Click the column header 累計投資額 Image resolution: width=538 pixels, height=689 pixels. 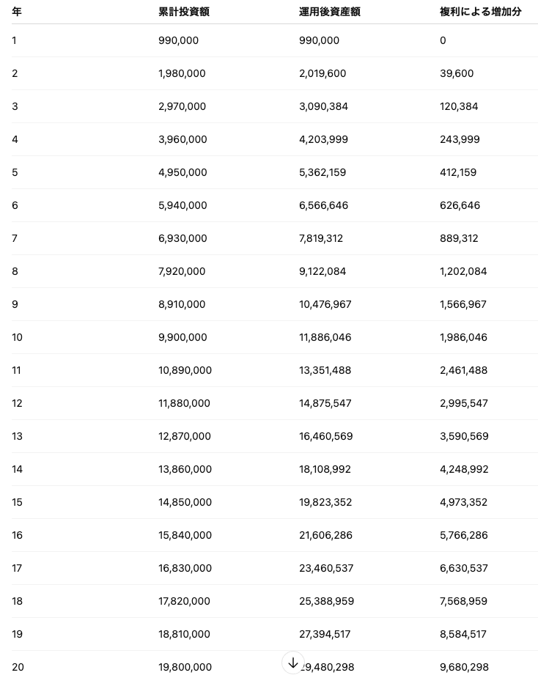pyautogui.click(x=184, y=12)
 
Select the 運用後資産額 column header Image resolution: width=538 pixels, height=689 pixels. pyautogui.click(x=329, y=12)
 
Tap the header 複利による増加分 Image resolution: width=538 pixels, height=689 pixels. pyautogui.click(x=480, y=12)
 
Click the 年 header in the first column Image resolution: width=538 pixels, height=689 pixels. pyautogui.click(x=16, y=12)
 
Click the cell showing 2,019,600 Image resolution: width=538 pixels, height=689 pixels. pyautogui.click(x=323, y=73)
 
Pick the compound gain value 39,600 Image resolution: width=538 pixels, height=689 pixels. pyautogui.click(x=457, y=73)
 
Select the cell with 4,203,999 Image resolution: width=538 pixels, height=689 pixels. pyautogui.click(x=323, y=139)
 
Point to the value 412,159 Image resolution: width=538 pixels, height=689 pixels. pyautogui.click(x=458, y=172)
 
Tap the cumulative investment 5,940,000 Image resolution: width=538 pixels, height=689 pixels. pyautogui.click(x=183, y=205)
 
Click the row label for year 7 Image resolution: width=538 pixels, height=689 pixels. pyautogui.click(x=15, y=238)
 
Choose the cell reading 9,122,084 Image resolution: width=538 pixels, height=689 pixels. pyautogui.click(x=323, y=271)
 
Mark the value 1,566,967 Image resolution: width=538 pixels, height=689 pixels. pyautogui.click(x=463, y=304)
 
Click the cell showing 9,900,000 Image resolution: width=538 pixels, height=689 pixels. pyautogui.click(x=183, y=337)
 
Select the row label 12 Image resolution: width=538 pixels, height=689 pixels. pyautogui.click(x=17, y=403)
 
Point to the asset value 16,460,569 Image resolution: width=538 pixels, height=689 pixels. pyautogui.click(x=325, y=436)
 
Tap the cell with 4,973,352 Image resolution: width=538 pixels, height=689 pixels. pyautogui.click(x=463, y=502)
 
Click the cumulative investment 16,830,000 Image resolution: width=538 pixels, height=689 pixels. pyautogui.click(x=185, y=568)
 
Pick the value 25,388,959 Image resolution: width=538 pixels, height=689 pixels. pyautogui.click(x=326, y=601)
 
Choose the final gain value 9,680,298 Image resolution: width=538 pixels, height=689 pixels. pyautogui.click(x=464, y=667)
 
